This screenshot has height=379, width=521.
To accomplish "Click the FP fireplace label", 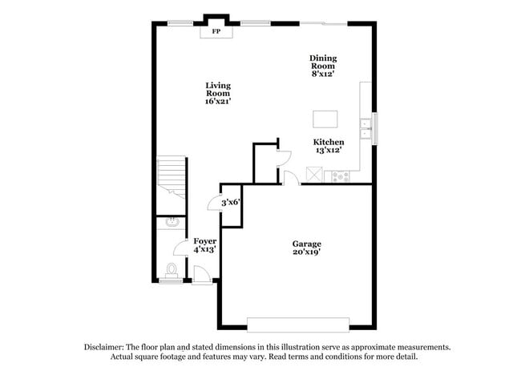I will pos(216,31).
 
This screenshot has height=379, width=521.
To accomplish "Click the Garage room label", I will pos(306,244).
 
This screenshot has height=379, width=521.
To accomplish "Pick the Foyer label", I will pos(204,241).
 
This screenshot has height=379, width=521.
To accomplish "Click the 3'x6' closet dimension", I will pos(232,203).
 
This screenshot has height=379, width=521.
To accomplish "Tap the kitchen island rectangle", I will pos(325,119).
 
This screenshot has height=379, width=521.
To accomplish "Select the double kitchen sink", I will pos(366,129).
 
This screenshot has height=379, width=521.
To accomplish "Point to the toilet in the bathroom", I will pos(171,269).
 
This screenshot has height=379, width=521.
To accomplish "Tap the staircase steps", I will pos(172,175).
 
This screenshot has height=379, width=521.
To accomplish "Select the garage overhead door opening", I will pos(297,324).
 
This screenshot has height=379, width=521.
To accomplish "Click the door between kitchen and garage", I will pos(291,179).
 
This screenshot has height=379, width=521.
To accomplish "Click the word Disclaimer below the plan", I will pos(107,347).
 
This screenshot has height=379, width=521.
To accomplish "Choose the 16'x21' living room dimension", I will pos(218,102).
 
